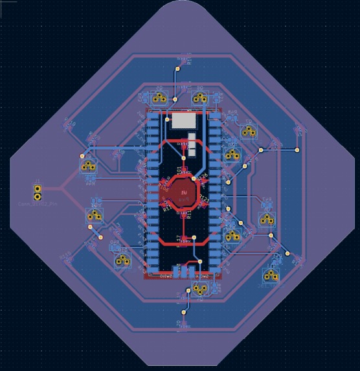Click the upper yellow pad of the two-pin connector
38,188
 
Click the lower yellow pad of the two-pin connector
38,196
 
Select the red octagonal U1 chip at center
184,192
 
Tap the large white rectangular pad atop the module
183,120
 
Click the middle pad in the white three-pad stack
192,145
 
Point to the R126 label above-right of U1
202,176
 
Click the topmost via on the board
178,69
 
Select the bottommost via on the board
185,312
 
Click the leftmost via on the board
82,156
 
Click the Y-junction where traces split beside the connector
62,191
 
